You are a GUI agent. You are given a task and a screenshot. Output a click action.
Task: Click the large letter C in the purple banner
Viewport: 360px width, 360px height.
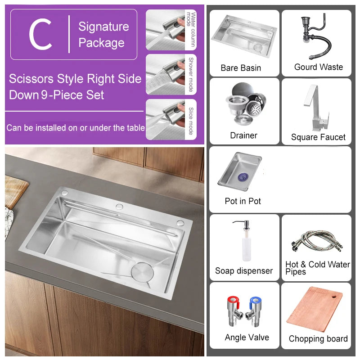pyautogui.click(x=40, y=35)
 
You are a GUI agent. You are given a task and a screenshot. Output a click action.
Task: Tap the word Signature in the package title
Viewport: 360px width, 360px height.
pyautogui.click(x=103, y=27)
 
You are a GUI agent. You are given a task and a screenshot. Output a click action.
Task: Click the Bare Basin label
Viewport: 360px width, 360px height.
pyautogui.click(x=241, y=68)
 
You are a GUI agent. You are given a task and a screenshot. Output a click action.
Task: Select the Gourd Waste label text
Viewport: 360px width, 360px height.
pyautogui.click(x=318, y=67)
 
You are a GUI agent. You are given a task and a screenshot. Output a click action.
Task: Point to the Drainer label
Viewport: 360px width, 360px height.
pyautogui.click(x=243, y=135)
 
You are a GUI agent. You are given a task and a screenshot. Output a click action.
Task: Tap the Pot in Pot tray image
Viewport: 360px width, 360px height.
pyautogui.click(x=240, y=171)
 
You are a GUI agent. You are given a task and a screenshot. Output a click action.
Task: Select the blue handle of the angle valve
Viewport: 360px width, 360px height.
pyautogui.click(x=256, y=300)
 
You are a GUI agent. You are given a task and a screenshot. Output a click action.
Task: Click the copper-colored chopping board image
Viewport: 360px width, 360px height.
pyautogui.click(x=315, y=310)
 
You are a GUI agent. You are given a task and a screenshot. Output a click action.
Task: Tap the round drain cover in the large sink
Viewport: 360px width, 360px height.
pyautogui.click(x=140, y=273)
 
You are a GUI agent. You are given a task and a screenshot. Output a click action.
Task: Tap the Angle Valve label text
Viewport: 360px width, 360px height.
pyautogui.click(x=247, y=337)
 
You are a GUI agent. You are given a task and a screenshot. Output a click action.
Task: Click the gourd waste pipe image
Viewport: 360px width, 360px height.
pyautogui.click(x=315, y=38)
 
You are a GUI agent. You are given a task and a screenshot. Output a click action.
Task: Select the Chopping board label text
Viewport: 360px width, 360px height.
pyautogui.click(x=318, y=339)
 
